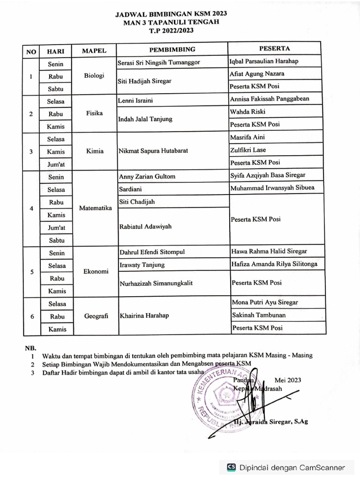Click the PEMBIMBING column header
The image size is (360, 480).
[x=172, y=49]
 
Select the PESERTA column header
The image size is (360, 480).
[x=274, y=48]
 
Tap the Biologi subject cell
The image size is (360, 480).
[x=94, y=76]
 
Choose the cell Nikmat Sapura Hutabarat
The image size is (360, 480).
[x=153, y=151]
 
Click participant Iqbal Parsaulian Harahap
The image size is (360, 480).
[x=264, y=61]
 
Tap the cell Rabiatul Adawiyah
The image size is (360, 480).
[x=146, y=226]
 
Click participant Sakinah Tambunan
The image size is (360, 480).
[x=259, y=315]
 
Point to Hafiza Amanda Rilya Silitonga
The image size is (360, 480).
[x=274, y=264]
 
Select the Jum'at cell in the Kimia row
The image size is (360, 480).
[x=56, y=165]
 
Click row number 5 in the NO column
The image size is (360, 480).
[x=31, y=272]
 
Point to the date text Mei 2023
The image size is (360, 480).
[x=288, y=380]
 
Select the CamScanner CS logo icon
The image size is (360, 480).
[x=231, y=467]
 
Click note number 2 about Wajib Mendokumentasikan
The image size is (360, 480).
[x=146, y=364]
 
